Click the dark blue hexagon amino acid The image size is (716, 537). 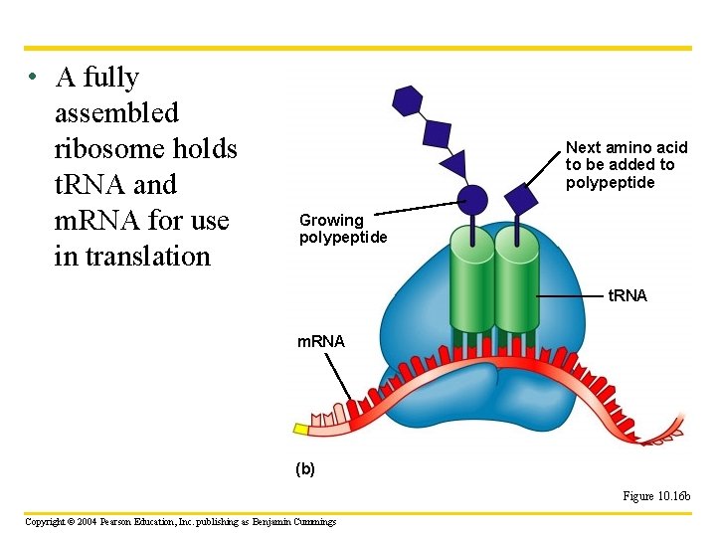(x=408, y=101)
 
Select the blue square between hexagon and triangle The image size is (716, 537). (x=437, y=132)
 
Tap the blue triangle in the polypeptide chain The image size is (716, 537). (x=454, y=163)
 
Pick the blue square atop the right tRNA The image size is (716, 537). (x=518, y=198)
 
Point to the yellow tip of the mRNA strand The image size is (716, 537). (x=300, y=429)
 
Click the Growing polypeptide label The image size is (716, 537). (x=342, y=229)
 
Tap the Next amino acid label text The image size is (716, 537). (x=626, y=164)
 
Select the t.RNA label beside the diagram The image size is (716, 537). (x=627, y=295)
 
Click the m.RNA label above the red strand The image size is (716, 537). (x=321, y=342)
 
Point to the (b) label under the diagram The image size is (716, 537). (x=305, y=468)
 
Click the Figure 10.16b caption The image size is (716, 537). (x=656, y=496)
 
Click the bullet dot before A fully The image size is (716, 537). (x=33, y=78)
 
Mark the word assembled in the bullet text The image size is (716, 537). (x=117, y=113)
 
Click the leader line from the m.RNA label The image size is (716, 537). (x=338, y=380)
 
